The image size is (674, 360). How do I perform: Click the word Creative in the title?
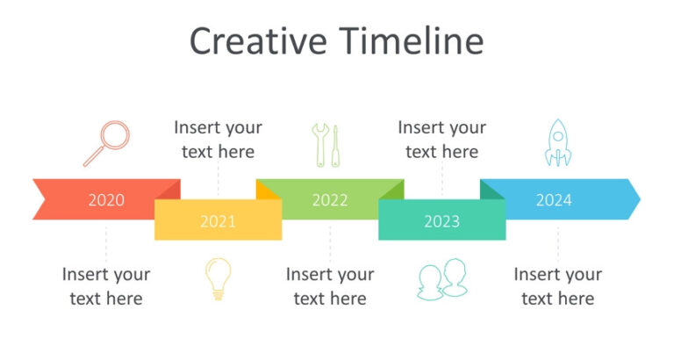[257, 41]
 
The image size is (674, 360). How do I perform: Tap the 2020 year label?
[106, 200]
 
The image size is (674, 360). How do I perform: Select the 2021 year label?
[218, 221]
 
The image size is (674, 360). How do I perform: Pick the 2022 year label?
[330, 200]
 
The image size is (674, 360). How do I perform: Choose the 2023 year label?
[441, 221]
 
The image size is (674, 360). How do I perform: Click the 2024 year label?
[554, 200]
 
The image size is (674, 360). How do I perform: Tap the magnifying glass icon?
[106, 143]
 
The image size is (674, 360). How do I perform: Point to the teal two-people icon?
[441, 280]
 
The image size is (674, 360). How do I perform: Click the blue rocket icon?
[557, 143]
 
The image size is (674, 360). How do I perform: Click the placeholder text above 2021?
[218, 140]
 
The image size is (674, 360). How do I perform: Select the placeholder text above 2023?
[441, 140]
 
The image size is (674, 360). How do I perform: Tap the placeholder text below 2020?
[106, 286]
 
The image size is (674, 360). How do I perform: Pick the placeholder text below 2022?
[330, 286]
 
